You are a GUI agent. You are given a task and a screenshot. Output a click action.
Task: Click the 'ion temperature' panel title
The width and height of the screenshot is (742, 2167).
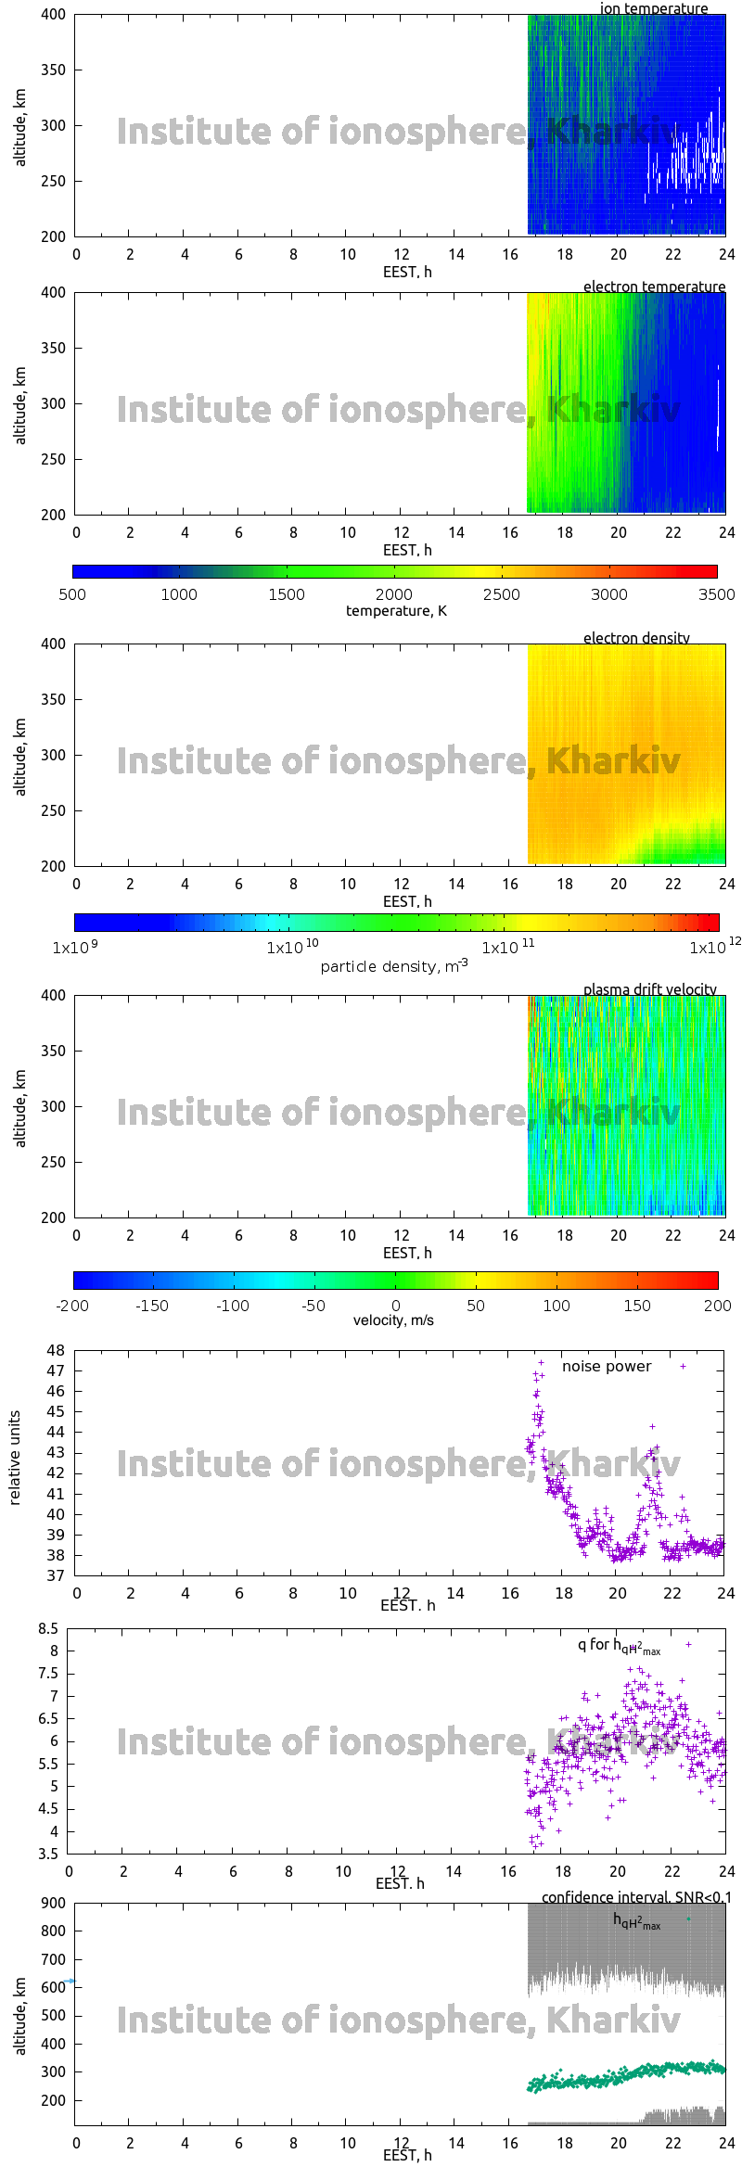pos(653,8)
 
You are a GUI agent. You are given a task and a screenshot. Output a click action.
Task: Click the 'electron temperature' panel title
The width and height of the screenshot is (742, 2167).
pos(654,287)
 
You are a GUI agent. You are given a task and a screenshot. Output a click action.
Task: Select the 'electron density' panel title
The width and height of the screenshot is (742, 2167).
pos(636,638)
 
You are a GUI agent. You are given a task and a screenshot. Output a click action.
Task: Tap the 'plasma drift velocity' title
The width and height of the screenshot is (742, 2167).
pos(649,989)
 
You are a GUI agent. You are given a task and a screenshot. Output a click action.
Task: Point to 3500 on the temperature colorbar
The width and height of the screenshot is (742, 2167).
pos(716,594)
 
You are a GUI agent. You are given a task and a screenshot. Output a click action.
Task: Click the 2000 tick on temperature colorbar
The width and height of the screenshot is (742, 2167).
pos(394,594)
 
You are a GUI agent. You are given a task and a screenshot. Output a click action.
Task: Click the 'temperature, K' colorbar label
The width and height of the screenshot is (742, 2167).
pos(396,611)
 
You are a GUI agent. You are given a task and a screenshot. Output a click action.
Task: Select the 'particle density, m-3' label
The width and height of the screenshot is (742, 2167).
pos(394,966)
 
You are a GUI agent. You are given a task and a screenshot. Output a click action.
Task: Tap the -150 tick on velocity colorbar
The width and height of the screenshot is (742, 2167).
pos(152,1306)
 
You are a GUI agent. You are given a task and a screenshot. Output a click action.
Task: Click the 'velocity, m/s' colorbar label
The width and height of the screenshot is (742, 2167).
pos(393,1320)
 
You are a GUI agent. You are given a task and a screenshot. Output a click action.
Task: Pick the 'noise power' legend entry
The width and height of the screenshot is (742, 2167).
pos(607,1367)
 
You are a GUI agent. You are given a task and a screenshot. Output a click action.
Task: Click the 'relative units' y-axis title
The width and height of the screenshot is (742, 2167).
pos(15,1458)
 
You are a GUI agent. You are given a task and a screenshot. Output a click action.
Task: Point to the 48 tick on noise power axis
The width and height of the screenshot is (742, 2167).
pos(56,1350)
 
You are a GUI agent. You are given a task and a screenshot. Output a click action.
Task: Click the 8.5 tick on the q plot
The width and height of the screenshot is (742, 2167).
pos(48,1629)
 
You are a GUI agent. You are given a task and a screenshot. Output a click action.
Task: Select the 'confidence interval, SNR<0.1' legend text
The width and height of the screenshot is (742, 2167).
pos(636,1897)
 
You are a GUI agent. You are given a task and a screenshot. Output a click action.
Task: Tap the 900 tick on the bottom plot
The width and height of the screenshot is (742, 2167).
pos(54,1903)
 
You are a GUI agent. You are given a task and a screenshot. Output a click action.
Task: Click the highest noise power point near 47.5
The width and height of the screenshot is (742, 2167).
pos(541,1363)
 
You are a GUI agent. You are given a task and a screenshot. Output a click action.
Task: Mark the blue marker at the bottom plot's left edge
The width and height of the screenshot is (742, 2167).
pos(70,1982)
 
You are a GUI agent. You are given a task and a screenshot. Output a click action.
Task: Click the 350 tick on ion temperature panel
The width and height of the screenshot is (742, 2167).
pos(54,70)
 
